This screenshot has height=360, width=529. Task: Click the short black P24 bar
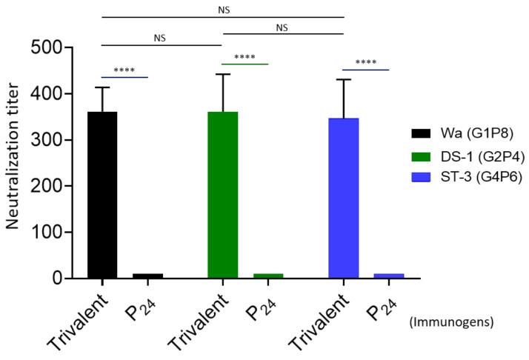[x=147, y=276]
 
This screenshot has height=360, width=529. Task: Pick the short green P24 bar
[x=267, y=276]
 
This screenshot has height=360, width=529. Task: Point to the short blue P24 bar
[x=388, y=276]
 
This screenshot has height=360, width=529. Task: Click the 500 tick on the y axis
[x=56, y=47]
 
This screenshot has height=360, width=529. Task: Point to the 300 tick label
[x=56, y=140]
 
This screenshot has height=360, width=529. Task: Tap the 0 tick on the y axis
[x=67, y=279]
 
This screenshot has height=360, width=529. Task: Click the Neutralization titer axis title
[x=16, y=164]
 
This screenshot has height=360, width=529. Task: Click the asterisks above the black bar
[x=124, y=72]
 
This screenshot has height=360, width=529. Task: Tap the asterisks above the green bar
[x=244, y=58]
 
